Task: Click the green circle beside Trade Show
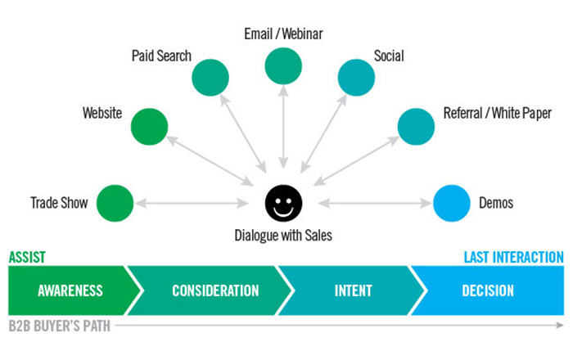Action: [115, 203]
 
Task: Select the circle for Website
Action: [149, 127]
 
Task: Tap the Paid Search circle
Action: [210, 78]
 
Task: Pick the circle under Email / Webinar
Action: [283, 66]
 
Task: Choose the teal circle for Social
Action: [356, 78]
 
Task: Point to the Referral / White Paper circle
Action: [416, 127]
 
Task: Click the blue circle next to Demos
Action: [452, 203]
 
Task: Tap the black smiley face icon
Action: [283, 203]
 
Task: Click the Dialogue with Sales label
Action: [283, 236]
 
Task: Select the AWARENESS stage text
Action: [70, 290]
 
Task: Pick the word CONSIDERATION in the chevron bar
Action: [215, 290]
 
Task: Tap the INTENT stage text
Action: [353, 290]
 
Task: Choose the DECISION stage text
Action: [488, 290]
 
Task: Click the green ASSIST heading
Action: [27, 258]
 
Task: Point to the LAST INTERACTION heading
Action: [514, 258]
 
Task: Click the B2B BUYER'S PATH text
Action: [59, 326]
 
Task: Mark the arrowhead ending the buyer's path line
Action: [560, 325]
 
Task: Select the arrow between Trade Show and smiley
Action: [192, 203]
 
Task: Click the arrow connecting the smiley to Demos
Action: [375, 203]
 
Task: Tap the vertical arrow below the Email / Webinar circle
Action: [283, 127]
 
